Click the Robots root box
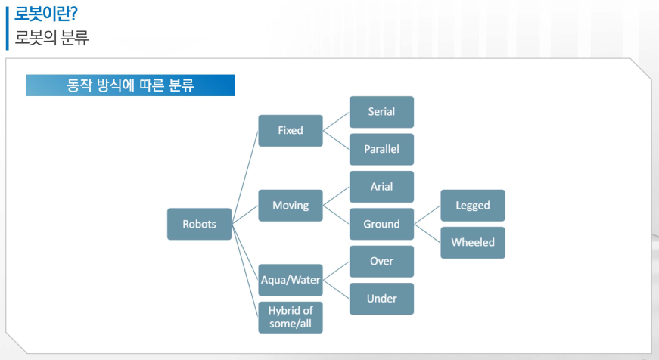(199, 224)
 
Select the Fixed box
(291, 130)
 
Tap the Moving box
(291, 205)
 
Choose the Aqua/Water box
(291, 280)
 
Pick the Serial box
(381, 112)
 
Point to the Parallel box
(381, 149)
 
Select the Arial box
(381, 186)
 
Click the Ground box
(381, 224)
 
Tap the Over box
(381, 261)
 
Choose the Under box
(381, 299)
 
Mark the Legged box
(473, 205)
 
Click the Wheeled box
(473, 243)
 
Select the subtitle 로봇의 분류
(51, 38)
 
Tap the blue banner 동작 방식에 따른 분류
(130, 85)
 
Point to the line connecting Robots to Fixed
(245, 177)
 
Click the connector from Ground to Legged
(427, 215)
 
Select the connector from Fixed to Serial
(336, 121)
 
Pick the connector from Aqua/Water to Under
(336, 290)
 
